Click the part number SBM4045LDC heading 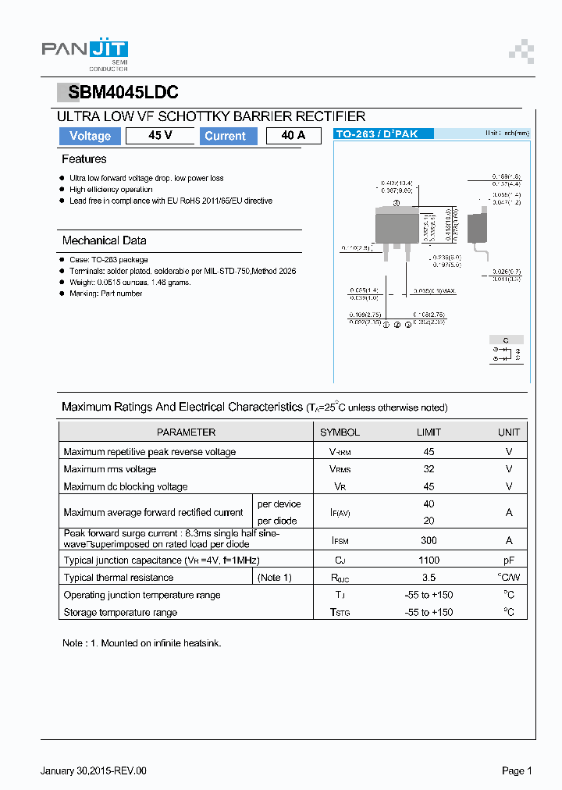click(x=123, y=92)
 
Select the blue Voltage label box click(x=90, y=136)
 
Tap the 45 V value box click(x=160, y=136)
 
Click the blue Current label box click(x=225, y=136)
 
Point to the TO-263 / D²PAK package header click(x=376, y=134)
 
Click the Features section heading click(x=84, y=159)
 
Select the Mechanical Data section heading click(x=104, y=240)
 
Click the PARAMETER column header click(x=186, y=432)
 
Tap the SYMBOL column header click(x=340, y=432)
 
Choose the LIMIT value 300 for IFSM click(x=429, y=540)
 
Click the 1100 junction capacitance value click(x=429, y=560)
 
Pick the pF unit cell click(x=508, y=560)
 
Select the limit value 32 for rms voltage click(x=429, y=469)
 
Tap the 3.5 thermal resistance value click(x=429, y=578)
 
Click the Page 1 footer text click(x=516, y=770)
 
